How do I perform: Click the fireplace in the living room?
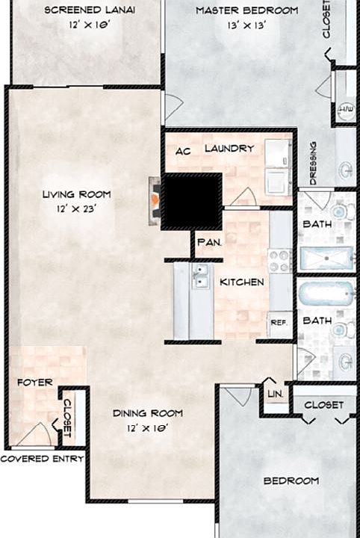155,201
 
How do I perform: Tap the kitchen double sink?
200,276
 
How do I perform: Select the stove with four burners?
280,262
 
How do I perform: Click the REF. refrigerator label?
279,323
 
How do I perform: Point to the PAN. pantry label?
209,242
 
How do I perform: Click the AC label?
183,151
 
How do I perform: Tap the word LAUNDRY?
229,148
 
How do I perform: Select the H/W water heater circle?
347,111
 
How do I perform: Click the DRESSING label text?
313,164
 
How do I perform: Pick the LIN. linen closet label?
276,394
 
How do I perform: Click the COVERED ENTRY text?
42,459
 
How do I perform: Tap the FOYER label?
35,383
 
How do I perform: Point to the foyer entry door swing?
34,434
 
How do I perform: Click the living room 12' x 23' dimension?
76,208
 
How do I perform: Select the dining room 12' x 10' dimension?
146,428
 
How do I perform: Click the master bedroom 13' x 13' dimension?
247,25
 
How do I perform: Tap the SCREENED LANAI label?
90,10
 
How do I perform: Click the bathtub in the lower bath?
326,294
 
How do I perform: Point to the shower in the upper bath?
326,259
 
